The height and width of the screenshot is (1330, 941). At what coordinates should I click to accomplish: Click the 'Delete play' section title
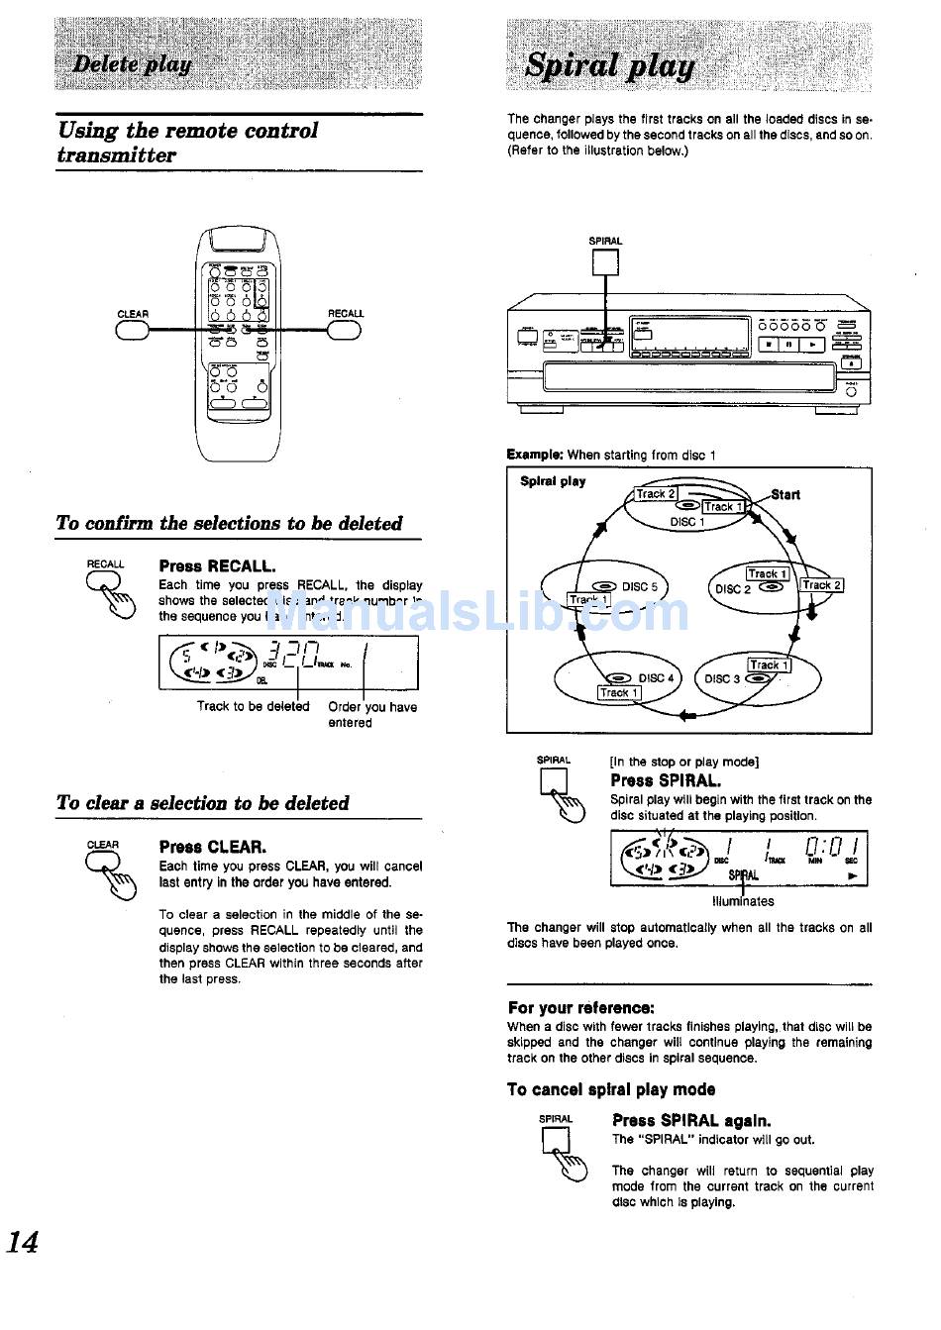[132, 65]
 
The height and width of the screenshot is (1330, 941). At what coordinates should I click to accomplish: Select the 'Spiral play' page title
[609, 65]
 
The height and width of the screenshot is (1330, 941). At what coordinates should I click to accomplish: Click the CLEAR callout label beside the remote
[133, 314]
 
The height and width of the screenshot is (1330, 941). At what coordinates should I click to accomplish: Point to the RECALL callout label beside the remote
[346, 314]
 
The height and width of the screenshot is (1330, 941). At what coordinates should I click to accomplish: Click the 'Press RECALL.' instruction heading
[217, 566]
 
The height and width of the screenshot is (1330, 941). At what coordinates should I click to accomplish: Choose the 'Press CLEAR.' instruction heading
[212, 847]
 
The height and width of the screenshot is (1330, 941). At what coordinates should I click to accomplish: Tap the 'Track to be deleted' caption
[253, 707]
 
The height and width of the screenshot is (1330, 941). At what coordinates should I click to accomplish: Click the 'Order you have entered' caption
[372, 715]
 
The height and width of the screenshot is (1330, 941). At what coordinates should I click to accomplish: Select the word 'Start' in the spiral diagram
[785, 494]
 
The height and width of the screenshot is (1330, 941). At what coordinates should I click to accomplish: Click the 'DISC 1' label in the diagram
[687, 522]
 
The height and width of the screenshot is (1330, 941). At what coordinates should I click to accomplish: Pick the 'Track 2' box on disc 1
[656, 494]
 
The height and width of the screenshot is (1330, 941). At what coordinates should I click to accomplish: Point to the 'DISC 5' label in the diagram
[639, 586]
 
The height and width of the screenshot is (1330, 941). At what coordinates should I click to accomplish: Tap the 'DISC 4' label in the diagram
[656, 678]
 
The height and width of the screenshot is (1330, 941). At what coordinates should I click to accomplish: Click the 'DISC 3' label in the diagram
[722, 679]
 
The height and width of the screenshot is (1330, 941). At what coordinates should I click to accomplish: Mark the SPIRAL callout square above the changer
[605, 261]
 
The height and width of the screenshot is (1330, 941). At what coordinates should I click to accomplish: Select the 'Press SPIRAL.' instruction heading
[666, 780]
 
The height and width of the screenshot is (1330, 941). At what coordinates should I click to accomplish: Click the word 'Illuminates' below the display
[743, 901]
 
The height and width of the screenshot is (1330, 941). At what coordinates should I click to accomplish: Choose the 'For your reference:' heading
[580, 1008]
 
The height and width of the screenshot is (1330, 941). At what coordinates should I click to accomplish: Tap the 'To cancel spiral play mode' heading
[610, 1089]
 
